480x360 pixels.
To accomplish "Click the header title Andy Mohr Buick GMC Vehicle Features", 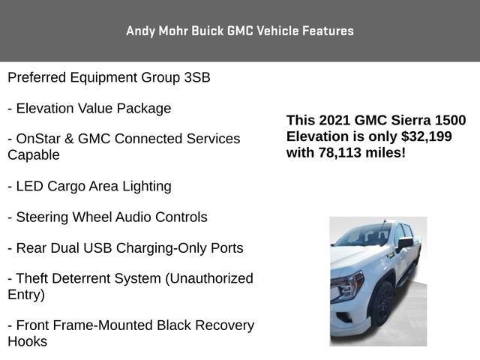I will coord(240,31).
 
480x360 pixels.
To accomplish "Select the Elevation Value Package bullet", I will coord(89,108).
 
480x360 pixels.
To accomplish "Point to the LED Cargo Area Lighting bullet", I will coord(89,186).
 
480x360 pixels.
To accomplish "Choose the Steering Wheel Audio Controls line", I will coord(107,217).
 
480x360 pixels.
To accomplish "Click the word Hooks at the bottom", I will coord(28,341).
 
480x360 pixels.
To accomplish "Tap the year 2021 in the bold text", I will coord(334,121).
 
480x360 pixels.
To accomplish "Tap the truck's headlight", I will coord(346,287).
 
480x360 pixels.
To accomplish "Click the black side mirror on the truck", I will coord(406,243).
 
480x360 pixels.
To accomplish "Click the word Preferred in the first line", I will coord(37,77).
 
